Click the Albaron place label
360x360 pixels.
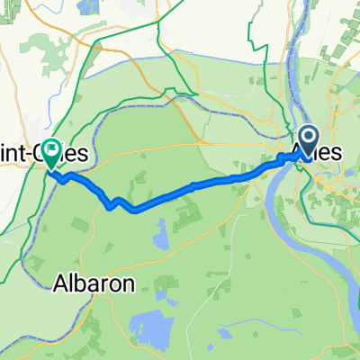pyautogui.click(x=94, y=283)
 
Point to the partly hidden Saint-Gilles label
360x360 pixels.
pyautogui.click(x=36, y=156)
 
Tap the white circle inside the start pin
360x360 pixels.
pyautogui.click(x=308, y=138)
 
